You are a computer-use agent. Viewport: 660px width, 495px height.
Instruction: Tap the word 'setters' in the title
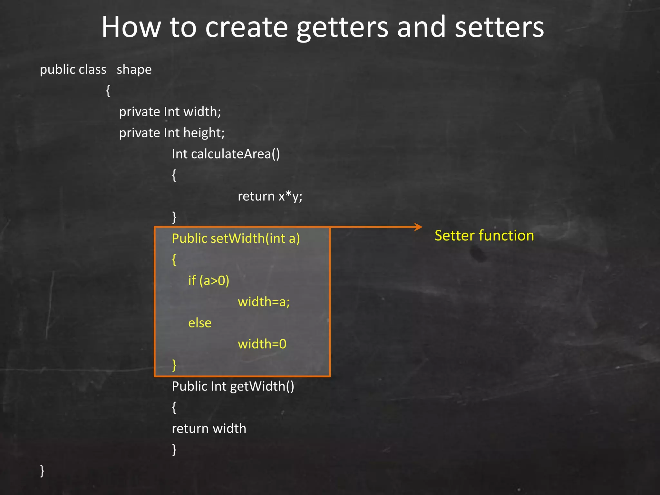point(499,28)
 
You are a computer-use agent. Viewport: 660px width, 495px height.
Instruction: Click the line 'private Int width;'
point(170,112)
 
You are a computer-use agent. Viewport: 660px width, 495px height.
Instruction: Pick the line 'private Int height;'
point(171,133)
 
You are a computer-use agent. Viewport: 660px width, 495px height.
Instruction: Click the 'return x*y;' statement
point(270,196)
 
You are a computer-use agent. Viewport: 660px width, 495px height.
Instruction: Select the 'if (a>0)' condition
point(209,281)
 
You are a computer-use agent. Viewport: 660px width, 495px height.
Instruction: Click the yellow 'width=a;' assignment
point(264,302)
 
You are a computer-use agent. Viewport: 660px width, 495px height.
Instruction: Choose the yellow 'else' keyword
point(200,323)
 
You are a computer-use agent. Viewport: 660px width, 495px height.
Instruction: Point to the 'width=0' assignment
point(262,344)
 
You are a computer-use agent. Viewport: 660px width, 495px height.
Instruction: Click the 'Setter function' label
point(484,236)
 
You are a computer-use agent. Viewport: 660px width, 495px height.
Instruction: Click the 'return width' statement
point(209,429)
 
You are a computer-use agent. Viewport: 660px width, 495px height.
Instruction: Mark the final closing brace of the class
point(42,471)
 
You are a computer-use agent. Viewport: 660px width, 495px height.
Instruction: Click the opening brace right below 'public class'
point(108,91)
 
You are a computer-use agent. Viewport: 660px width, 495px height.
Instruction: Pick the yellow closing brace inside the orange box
point(174,365)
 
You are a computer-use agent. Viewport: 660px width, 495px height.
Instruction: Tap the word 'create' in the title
point(247,28)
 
